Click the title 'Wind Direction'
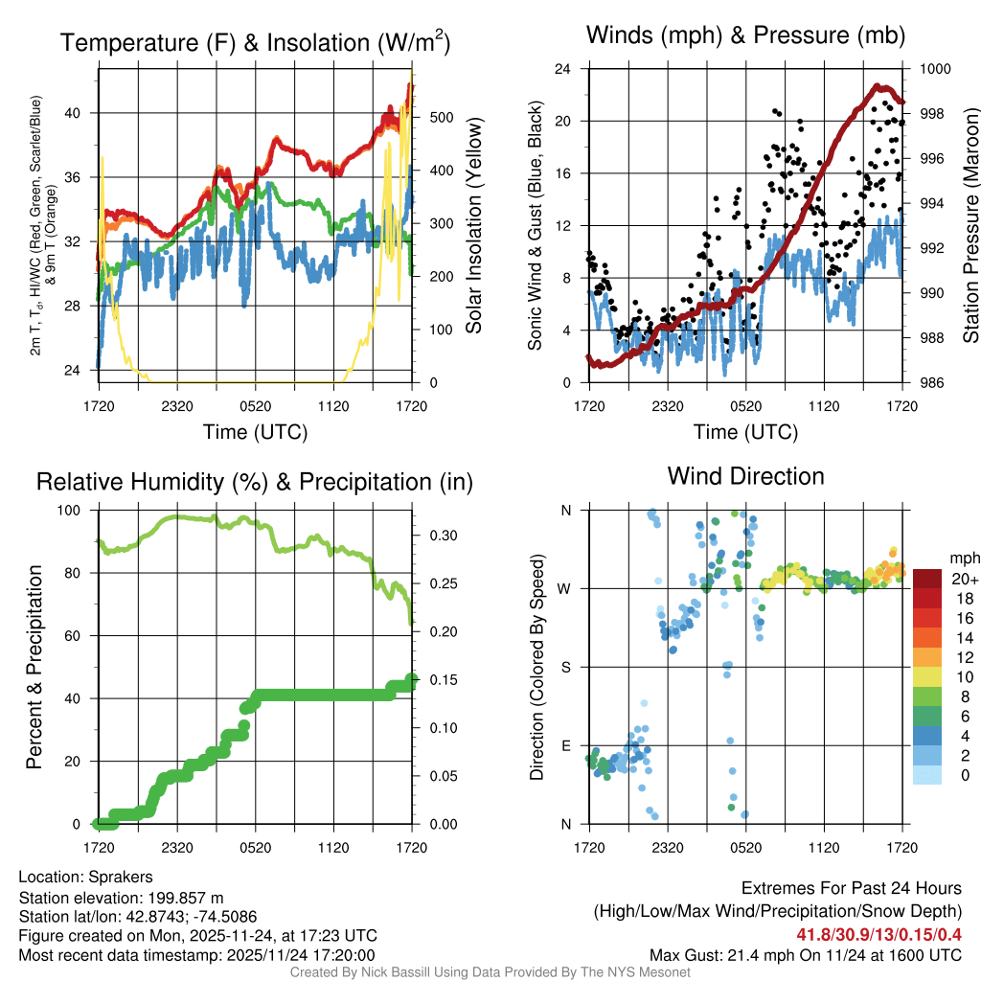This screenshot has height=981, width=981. (745, 476)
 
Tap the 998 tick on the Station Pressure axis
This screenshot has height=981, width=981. (934, 114)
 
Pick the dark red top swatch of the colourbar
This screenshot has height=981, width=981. (927, 578)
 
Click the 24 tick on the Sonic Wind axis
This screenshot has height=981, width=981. (563, 69)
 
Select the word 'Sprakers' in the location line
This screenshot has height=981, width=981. (121, 877)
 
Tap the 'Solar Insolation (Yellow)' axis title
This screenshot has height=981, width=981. (472, 226)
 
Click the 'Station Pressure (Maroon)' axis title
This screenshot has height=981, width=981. (969, 226)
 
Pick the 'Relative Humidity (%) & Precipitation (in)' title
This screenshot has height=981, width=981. (254, 482)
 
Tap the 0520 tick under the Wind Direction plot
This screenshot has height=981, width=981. (745, 848)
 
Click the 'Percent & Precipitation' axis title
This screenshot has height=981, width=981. (34, 667)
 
